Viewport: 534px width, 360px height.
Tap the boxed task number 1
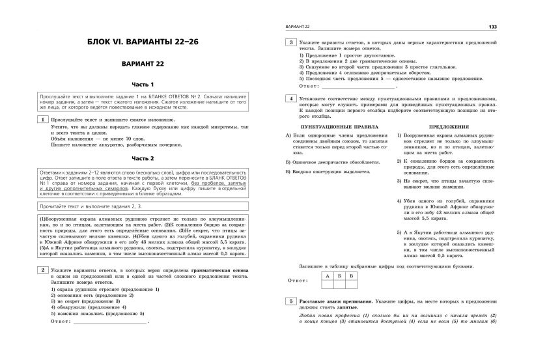coord(43,120)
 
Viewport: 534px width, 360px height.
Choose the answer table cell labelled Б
coord(339,276)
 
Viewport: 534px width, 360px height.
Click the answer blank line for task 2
coord(111,321)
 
